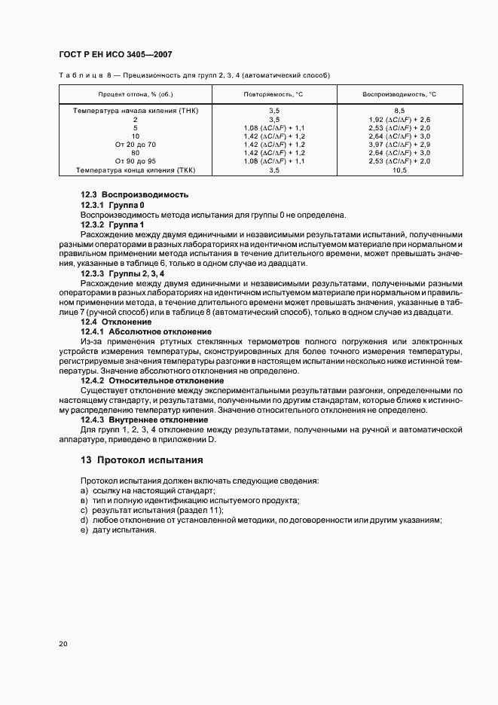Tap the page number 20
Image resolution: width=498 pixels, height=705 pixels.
63,644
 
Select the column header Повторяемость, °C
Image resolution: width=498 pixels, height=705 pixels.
274,94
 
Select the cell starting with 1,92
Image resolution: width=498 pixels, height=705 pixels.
399,119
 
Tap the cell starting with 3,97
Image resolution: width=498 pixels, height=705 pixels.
399,145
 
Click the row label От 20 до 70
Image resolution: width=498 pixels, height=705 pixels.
135,145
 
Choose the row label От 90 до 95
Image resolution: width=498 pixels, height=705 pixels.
135,162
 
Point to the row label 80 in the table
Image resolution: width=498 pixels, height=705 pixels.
135,153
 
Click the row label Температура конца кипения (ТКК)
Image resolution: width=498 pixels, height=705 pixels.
135,170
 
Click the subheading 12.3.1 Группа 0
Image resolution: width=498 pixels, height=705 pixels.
112,205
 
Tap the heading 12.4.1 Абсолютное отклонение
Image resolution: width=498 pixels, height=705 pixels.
146,332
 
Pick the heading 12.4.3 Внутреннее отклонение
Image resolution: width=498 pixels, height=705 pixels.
145,420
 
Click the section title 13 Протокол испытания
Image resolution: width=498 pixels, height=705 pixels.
142,459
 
